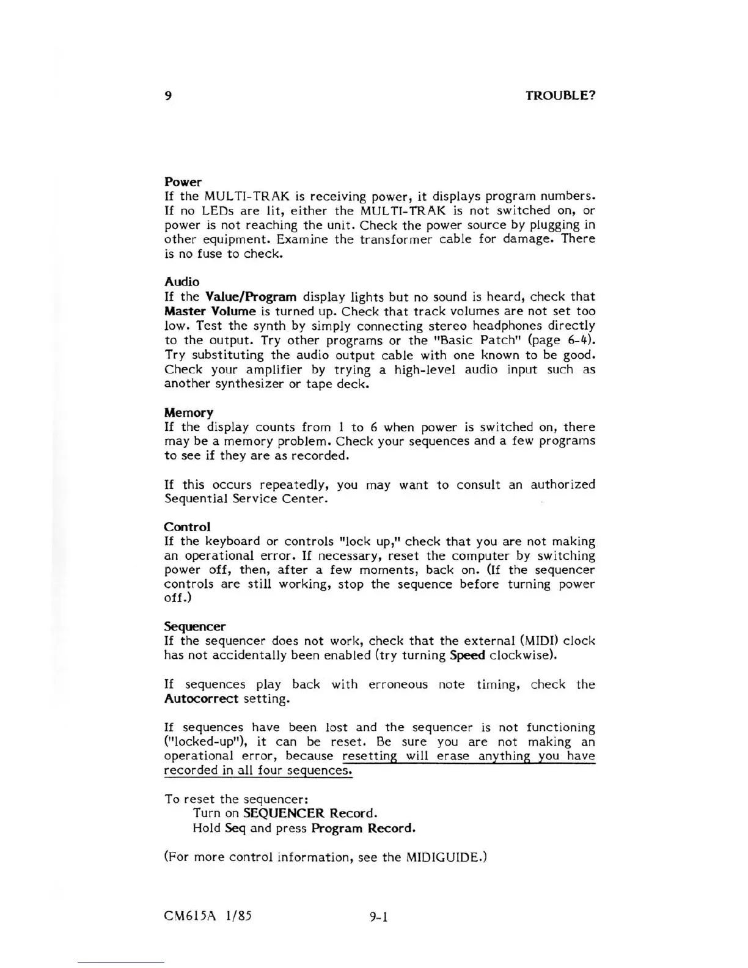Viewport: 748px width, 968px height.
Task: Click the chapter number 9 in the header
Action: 168,96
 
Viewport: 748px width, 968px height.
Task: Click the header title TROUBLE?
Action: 560,96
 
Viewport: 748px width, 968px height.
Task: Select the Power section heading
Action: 183,182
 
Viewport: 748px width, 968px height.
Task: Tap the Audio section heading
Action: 182,282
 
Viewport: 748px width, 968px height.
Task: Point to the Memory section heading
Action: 189,413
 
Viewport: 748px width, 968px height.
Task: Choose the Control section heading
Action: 187,527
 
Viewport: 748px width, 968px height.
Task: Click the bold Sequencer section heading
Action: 195,626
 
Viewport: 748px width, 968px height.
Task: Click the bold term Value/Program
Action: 251,297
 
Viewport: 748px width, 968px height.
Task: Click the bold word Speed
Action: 468,656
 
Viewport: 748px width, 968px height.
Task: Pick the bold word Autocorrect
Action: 201,698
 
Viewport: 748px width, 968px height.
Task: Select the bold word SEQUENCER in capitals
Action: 283,813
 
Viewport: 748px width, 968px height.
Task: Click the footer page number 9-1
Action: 379,917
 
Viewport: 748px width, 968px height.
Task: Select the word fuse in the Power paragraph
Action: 209,254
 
